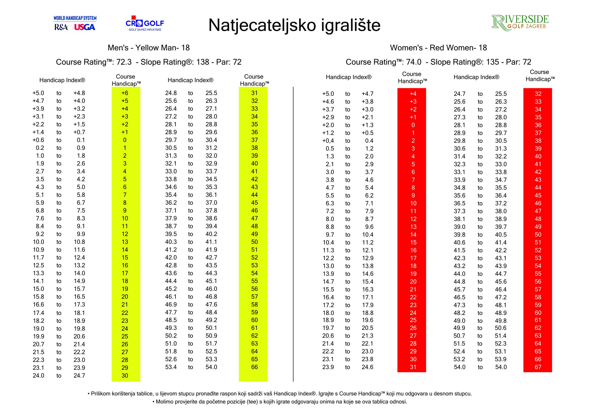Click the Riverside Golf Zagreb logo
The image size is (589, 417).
(520, 23)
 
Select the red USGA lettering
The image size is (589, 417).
(85, 27)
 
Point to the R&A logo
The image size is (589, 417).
(61, 27)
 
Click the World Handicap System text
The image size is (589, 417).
(75, 18)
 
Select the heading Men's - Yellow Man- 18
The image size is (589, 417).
(149, 48)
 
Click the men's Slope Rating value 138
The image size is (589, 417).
(202, 62)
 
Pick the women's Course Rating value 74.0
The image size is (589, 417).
(414, 62)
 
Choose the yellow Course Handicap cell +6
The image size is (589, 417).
(125, 93)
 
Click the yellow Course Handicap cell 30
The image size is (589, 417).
(125, 375)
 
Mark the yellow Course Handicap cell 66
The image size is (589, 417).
(254, 367)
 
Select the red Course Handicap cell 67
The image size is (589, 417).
(538, 367)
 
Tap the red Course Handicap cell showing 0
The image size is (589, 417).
(413, 125)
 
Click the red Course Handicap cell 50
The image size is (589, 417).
(538, 235)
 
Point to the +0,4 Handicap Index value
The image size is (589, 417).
(328, 141)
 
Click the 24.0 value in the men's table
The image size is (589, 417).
(38, 376)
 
